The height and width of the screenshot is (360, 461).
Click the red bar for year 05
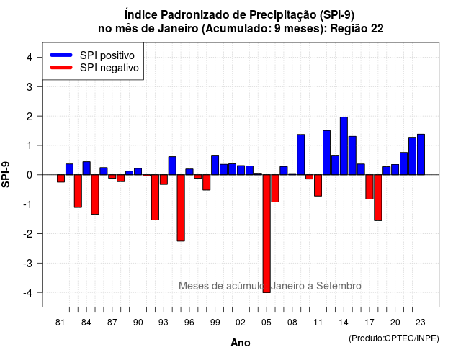(x=267, y=233)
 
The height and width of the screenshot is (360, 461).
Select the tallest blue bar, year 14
(x=344, y=145)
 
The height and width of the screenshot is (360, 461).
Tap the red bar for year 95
(x=181, y=208)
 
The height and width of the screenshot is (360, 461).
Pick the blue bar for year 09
(x=301, y=155)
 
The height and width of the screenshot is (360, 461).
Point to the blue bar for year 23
(x=421, y=154)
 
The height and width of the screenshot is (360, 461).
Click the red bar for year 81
(x=61, y=179)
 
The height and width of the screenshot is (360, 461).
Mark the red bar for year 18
(x=378, y=197)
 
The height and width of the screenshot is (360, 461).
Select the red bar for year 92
(x=156, y=197)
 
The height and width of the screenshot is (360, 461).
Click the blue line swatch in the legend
(x=61, y=55)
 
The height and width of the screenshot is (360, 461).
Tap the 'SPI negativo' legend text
(x=109, y=68)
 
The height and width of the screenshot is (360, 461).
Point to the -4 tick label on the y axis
(x=28, y=293)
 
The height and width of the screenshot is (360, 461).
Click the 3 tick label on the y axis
(x=30, y=87)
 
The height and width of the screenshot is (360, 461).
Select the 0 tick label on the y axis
(x=30, y=175)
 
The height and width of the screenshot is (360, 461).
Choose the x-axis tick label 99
(x=215, y=323)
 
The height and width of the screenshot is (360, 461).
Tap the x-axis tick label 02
(x=241, y=323)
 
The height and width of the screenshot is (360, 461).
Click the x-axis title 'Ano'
(x=241, y=343)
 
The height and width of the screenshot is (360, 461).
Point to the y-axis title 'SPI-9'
(x=6, y=174)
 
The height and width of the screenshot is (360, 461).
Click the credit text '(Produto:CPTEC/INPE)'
(x=394, y=338)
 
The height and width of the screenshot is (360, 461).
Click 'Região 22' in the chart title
(x=357, y=29)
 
